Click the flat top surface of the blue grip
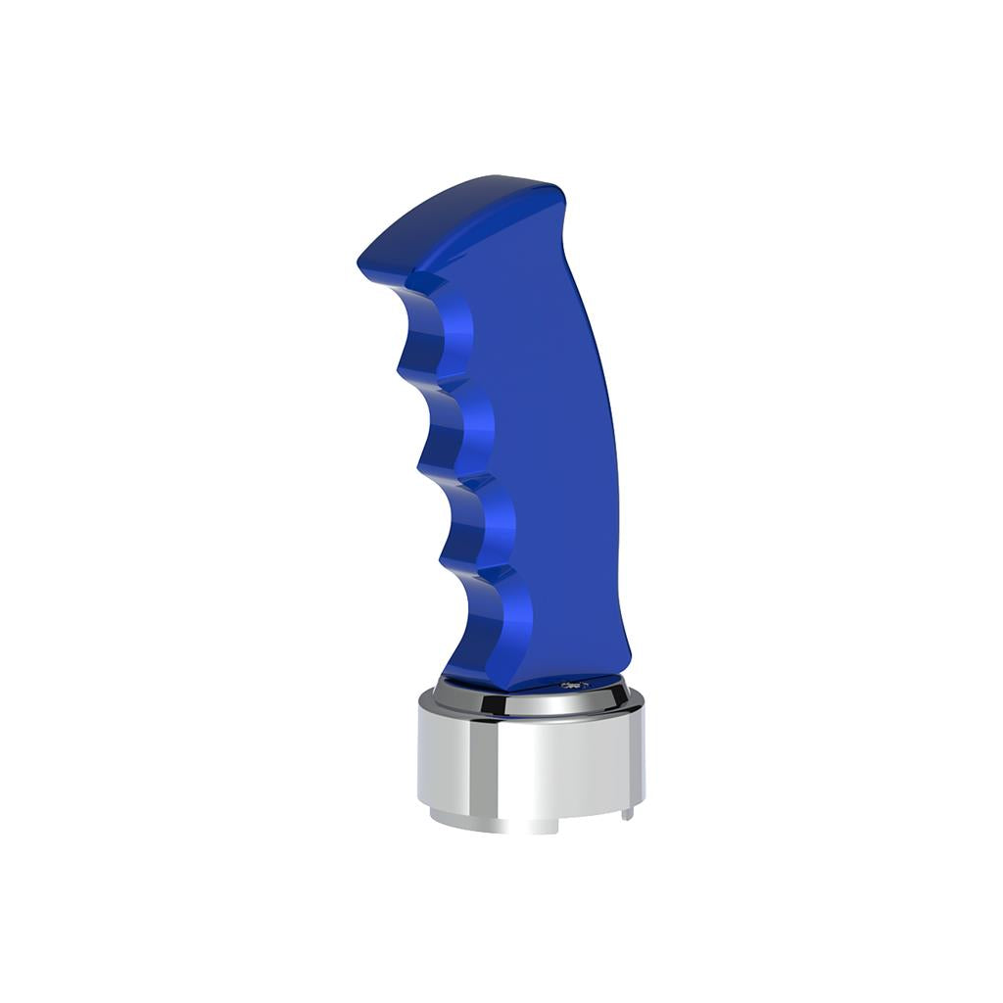pyautogui.click(x=460, y=211)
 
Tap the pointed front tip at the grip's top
pyautogui.click(x=364, y=257)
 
